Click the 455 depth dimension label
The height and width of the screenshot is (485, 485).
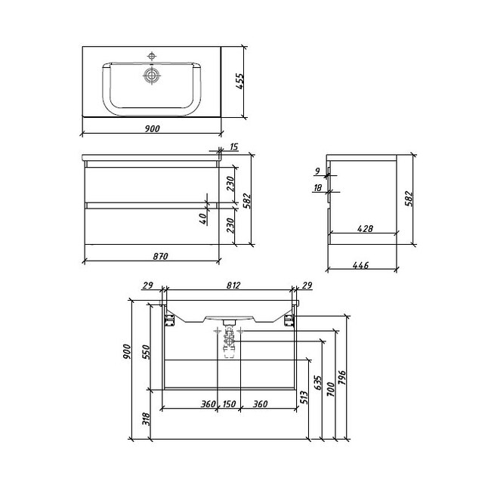click(x=240, y=82)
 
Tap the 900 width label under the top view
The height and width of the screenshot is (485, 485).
click(x=152, y=128)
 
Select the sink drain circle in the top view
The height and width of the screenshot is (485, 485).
click(x=152, y=76)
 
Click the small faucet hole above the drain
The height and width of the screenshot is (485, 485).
click(x=152, y=57)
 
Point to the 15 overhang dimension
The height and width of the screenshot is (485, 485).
click(x=234, y=147)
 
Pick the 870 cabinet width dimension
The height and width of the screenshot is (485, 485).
click(x=160, y=256)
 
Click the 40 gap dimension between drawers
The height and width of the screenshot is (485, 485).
click(x=202, y=218)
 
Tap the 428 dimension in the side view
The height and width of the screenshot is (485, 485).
click(x=365, y=228)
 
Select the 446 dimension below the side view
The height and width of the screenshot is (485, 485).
click(x=360, y=265)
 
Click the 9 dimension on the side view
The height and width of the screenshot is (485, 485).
click(x=317, y=171)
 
